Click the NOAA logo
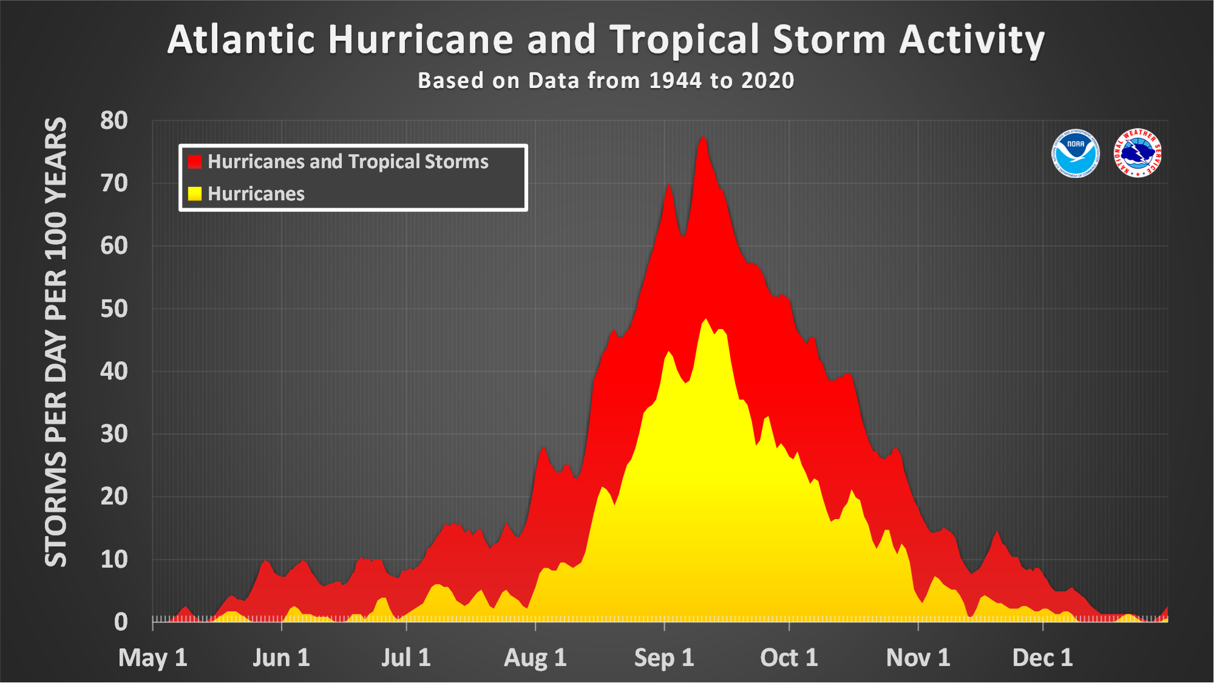click(1075, 153)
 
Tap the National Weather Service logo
click(1138, 153)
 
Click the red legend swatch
click(194, 161)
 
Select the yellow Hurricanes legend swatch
click(194, 194)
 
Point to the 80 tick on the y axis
click(114, 120)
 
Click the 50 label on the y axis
click(114, 308)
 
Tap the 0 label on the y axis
click(121, 622)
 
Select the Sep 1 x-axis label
click(664, 658)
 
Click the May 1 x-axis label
click(153, 658)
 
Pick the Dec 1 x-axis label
click(1042, 658)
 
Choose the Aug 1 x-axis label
click(535, 658)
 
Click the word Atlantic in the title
click(241, 40)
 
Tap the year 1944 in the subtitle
click(675, 81)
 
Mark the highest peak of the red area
click(703, 138)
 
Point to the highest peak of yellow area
click(705, 320)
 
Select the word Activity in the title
click(972, 40)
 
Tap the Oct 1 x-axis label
click(788, 658)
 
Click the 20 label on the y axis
click(114, 497)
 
